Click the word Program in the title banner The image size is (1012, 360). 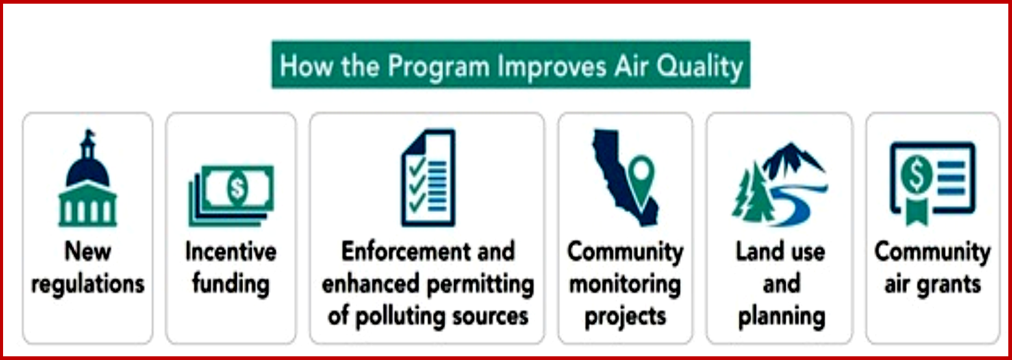tap(438, 67)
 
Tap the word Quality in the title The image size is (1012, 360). tap(699, 67)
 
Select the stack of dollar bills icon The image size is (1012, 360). tap(231, 195)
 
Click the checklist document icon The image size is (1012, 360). tap(428, 177)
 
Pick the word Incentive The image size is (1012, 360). tap(231, 252)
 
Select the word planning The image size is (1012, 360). tap(781, 317)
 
